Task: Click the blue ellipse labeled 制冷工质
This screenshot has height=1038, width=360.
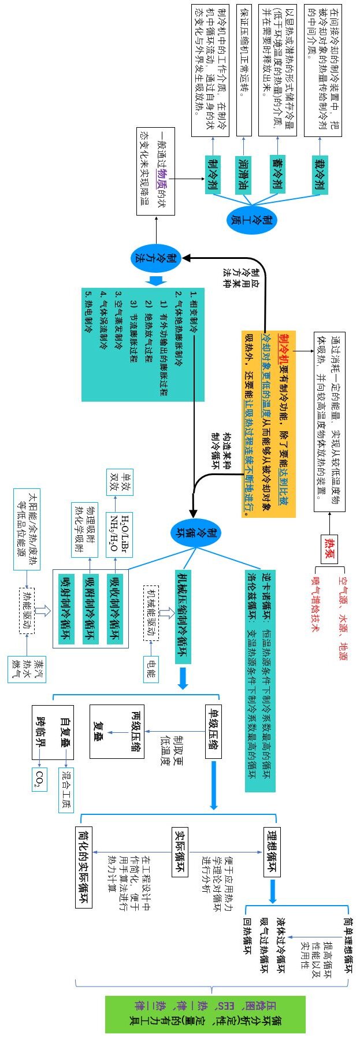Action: click(x=252, y=219)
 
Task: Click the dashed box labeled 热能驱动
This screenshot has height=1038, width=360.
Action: click(x=27, y=611)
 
